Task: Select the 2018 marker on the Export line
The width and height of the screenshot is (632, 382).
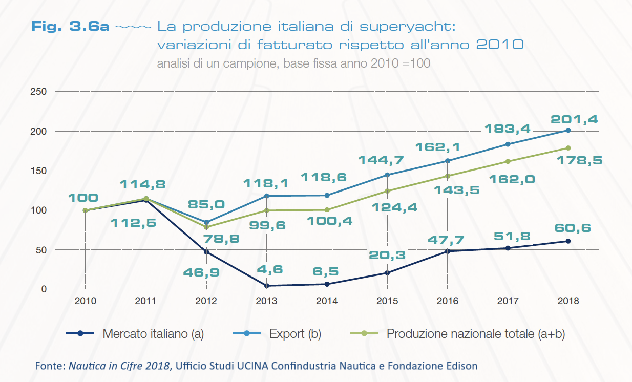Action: (568, 130)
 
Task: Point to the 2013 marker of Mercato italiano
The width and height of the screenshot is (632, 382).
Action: (267, 286)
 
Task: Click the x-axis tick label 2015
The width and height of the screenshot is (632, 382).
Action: (387, 301)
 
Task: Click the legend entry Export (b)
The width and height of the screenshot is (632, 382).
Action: (295, 334)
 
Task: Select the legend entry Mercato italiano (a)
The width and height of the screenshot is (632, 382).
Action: (153, 334)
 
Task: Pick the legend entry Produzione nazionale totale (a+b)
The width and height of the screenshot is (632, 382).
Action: (476, 334)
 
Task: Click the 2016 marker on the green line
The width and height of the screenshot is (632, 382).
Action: (448, 176)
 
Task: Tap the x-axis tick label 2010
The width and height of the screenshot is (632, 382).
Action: (85, 301)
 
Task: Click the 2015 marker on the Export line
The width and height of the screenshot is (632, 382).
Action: (387, 175)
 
